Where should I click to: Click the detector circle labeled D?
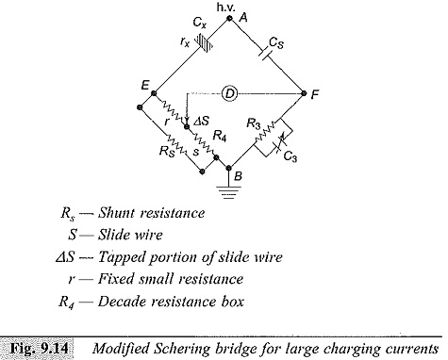230,93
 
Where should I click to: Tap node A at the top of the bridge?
229,18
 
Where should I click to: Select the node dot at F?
304,93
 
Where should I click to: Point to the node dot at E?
154,93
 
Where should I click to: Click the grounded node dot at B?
229,168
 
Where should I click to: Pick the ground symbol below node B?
228,192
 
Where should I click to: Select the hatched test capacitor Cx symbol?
204,43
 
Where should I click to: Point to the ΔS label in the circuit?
202,121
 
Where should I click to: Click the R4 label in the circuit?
220,137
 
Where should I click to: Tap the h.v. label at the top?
225,7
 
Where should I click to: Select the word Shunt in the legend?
116,213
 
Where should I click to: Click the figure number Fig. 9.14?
39,348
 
